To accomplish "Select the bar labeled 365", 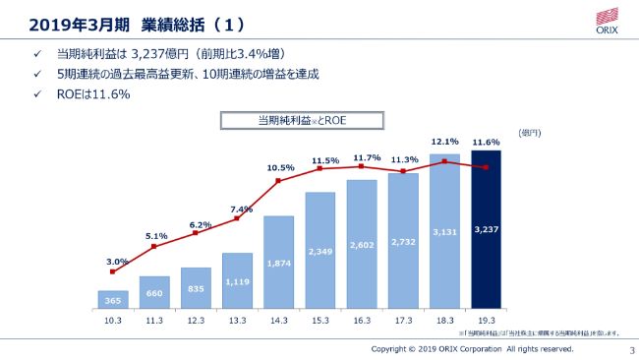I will coord(113,299).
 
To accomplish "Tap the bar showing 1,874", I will coord(279,263).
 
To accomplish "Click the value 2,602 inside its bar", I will coord(362,245).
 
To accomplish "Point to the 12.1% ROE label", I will coord(444,141).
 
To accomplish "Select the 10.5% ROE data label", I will coord(280,167).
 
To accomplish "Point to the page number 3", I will coord(619,349).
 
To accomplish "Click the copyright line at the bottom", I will coord(472,348).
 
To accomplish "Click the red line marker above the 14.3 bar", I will coord(279,181).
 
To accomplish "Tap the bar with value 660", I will coord(154,292).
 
